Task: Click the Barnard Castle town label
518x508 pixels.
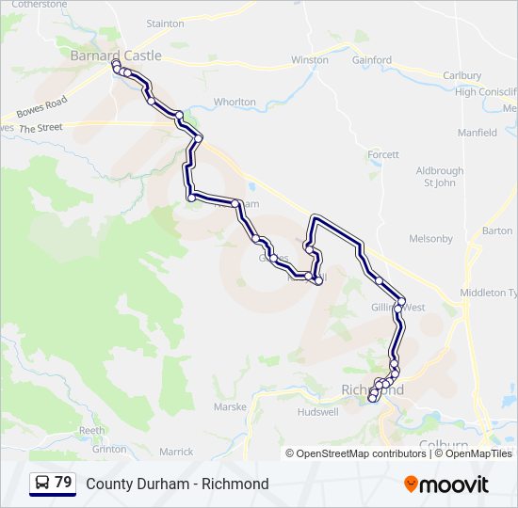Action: [116, 56]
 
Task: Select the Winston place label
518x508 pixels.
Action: [310, 60]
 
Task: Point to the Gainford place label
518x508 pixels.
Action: [372, 60]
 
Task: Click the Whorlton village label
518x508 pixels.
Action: [235, 102]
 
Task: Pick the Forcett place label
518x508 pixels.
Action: [383, 154]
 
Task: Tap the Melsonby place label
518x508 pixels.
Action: [432, 239]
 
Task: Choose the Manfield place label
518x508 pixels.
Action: [478, 133]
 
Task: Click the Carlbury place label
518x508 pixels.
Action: [461, 75]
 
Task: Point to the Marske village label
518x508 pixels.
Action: [230, 407]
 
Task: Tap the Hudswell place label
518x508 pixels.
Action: [317, 412]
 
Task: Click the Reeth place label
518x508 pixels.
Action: [91, 430]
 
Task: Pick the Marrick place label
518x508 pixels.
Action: [176, 452]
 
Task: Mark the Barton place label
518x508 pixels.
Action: [496, 230]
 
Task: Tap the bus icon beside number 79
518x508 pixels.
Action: [43, 484]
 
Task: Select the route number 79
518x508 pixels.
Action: [63, 483]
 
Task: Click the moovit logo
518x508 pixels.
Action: [446, 484]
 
